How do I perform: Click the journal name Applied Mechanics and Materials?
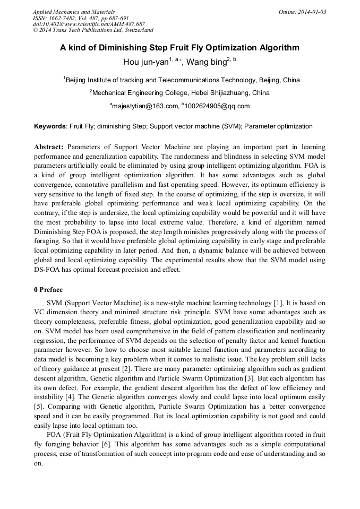(74, 12)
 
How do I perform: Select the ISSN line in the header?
(81, 18)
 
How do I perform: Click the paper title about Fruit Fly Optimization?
(179, 48)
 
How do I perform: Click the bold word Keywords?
(50, 126)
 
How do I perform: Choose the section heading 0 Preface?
(48, 290)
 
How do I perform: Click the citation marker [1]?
(264, 303)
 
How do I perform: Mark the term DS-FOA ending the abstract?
(49, 270)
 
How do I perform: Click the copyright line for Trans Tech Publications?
(93, 31)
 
